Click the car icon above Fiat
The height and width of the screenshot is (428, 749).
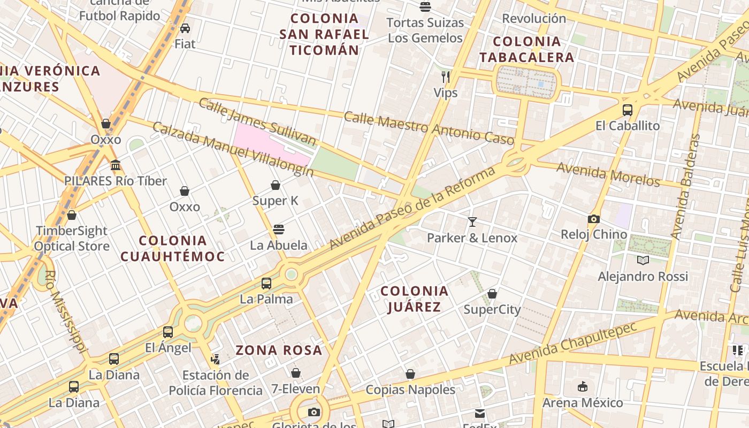185,28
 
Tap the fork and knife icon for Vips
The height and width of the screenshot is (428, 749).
445,77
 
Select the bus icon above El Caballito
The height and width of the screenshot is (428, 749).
628,110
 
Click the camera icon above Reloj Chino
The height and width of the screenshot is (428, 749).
593,219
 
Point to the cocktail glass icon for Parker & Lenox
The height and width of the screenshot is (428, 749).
472,221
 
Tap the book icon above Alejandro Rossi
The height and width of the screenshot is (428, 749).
643,261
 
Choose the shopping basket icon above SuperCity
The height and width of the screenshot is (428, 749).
492,294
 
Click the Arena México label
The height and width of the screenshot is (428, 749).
583,402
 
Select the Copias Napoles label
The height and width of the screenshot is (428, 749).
410,389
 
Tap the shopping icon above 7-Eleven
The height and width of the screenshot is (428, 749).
295,373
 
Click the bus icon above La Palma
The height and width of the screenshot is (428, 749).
266,283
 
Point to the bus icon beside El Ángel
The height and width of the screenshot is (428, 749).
168,332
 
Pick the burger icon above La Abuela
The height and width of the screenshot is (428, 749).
278,230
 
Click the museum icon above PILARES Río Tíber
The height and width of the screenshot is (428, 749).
116,165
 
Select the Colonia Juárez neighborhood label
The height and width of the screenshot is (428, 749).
414,299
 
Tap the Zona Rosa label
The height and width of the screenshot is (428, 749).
279,350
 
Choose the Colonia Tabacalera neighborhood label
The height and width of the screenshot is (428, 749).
526,49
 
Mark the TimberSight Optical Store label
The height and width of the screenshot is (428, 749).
72,239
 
